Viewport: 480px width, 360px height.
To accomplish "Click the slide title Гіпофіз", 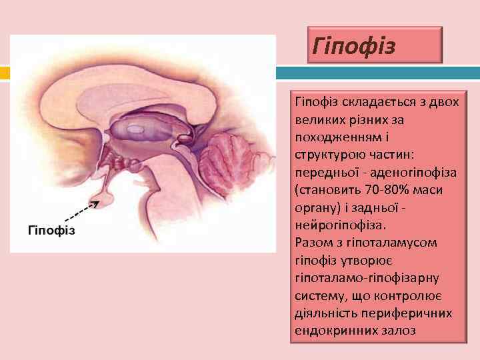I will (x=355, y=47).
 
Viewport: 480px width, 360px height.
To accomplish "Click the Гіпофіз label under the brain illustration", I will (x=51, y=230).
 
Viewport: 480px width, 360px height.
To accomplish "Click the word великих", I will (x=317, y=120).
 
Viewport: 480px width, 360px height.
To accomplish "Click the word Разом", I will (x=311, y=242).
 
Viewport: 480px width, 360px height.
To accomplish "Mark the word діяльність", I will (x=325, y=312).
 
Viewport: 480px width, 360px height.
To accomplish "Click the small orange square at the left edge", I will (x=4, y=73).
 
